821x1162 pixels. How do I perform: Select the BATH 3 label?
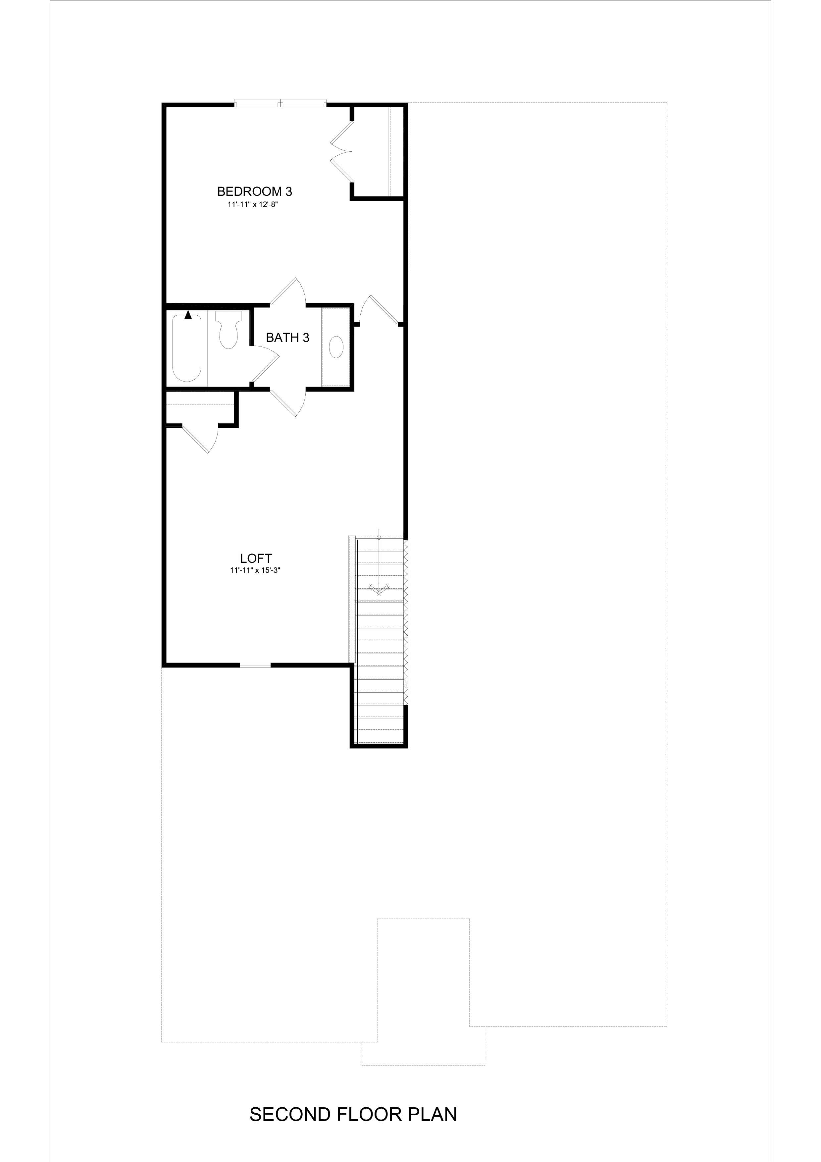(287, 338)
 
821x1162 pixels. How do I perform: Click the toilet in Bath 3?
(229, 330)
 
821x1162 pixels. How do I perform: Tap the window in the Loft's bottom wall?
(255, 665)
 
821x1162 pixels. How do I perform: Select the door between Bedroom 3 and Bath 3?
(289, 292)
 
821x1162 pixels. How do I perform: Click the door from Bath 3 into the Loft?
(288, 402)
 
